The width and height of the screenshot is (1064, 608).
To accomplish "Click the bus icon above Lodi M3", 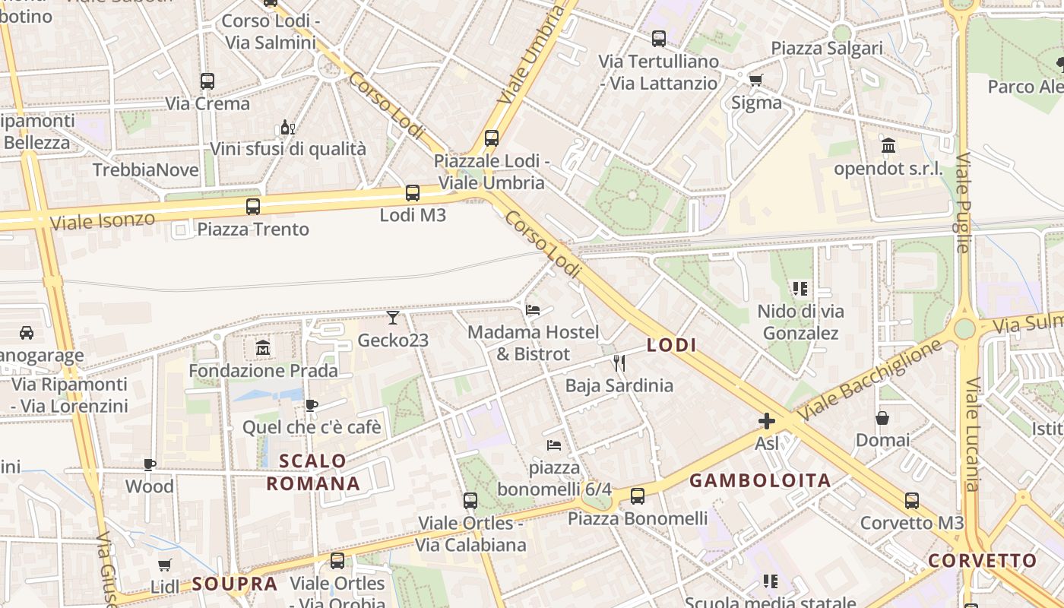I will click(413, 193).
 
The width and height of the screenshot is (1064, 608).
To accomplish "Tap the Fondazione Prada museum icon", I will click(263, 348).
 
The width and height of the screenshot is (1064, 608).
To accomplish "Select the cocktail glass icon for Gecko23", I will click(393, 317).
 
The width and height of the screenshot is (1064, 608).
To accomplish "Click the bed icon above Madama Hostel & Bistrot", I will click(533, 309).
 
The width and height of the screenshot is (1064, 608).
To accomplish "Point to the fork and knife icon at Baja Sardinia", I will click(619, 363).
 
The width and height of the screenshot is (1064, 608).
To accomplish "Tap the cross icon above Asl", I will click(767, 420).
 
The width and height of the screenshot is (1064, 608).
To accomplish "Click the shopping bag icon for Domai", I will click(882, 418).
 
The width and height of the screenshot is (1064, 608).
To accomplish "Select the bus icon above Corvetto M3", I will click(912, 501).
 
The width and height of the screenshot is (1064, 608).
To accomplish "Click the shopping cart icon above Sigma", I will click(755, 80).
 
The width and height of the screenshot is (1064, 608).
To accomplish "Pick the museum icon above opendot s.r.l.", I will click(888, 145).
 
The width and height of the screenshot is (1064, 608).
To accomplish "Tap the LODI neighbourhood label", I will click(672, 345).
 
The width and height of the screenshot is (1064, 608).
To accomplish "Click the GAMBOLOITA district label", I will click(760, 480).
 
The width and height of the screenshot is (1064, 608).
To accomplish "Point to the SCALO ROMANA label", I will click(313, 472).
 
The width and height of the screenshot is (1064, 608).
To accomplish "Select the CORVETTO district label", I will click(983, 561).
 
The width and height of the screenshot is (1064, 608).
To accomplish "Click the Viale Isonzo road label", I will click(103, 221).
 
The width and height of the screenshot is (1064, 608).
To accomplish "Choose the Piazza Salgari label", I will click(827, 48).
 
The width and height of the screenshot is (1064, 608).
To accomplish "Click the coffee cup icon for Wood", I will click(150, 464).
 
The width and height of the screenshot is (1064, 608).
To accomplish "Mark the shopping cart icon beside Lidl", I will click(164, 565).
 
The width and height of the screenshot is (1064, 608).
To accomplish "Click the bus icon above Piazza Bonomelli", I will click(638, 496).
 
